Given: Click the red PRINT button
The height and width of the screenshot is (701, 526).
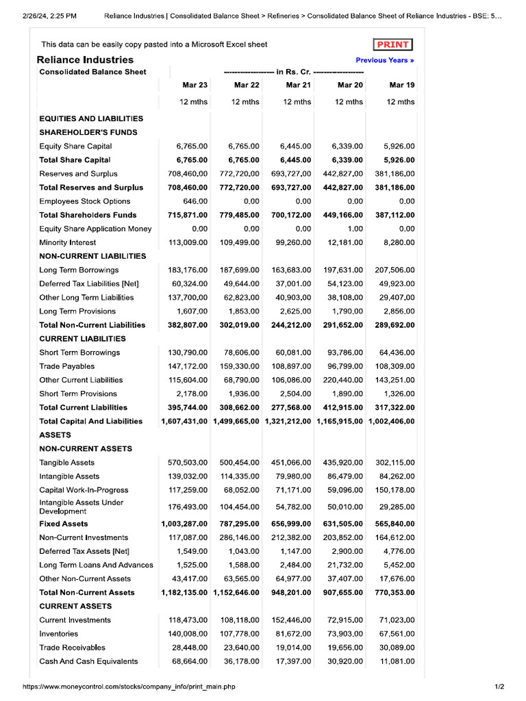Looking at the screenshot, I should tap(392, 44).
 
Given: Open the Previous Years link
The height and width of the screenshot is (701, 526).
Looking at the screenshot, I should tap(385, 60).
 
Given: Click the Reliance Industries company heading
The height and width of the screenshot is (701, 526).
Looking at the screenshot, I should tap(85, 60).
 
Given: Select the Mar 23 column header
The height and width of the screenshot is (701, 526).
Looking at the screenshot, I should tap(195, 85).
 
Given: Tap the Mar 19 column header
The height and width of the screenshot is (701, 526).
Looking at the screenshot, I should tap(401, 85).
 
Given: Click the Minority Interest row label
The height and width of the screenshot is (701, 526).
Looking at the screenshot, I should tap(68, 242).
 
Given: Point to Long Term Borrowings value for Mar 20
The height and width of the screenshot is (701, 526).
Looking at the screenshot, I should tap(343, 270).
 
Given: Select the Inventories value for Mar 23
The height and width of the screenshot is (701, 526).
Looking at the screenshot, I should tap(188, 634).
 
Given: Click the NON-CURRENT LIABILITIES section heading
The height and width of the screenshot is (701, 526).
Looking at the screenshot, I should tap(92, 256).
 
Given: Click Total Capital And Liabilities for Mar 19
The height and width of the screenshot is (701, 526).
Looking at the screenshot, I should tap(391, 421).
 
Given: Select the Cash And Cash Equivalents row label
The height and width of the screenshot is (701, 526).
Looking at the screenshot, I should tap(88, 661).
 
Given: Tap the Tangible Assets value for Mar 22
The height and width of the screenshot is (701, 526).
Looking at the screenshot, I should tap(240, 462).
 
